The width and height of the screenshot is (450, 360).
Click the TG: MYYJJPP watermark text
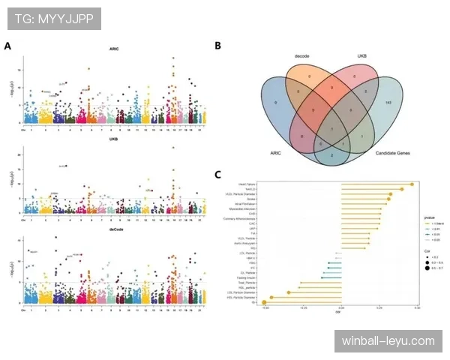[53, 18]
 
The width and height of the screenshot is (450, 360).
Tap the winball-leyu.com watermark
[387, 341]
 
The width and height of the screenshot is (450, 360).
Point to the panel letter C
[217, 175]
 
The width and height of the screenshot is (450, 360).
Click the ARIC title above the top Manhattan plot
[114, 50]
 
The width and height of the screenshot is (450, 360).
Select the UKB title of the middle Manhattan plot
[114, 139]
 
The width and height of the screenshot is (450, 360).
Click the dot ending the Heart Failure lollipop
[412, 184]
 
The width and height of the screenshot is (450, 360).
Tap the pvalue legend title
[428, 217]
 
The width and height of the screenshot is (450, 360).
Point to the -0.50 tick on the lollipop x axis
[265, 307]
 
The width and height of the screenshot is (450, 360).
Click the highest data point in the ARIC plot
[174, 58]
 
